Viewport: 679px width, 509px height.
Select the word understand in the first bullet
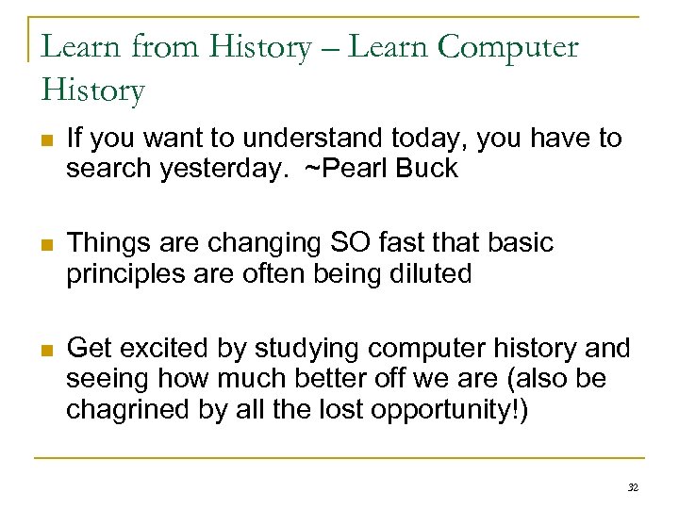click(x=305, y=139)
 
